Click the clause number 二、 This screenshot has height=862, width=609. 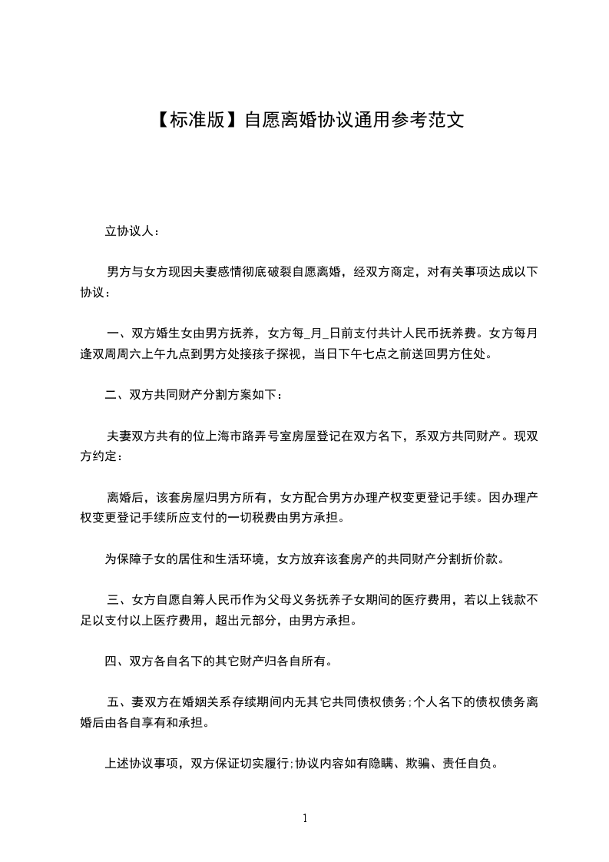117,396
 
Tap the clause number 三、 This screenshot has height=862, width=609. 119,599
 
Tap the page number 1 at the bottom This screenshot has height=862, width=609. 305,818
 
